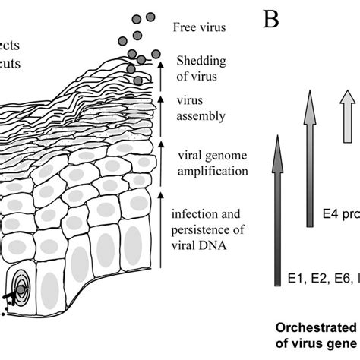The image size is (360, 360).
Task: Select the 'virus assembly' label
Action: pos(200,108)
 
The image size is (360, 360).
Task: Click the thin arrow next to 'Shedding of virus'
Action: pos(162,74)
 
